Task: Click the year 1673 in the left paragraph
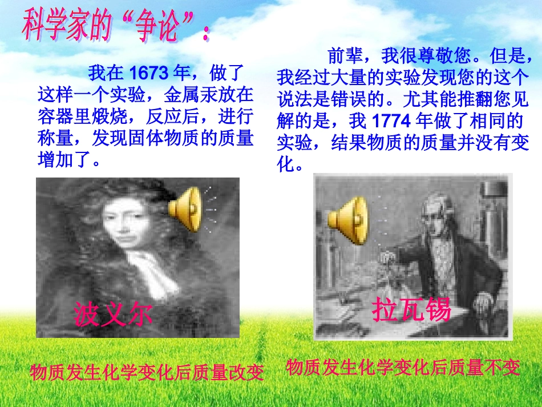tap(149, 73)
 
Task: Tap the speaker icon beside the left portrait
tap(187, 209)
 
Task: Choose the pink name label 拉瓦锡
tap(411, 310)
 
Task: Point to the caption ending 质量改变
tap(147, 373)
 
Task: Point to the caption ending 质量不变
tap(403, 368)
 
